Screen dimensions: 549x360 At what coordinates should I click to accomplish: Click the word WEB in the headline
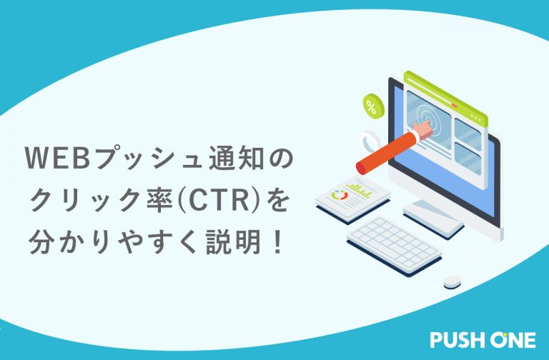point(59,158)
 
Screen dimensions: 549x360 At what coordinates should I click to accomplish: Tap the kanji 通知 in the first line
point(236,158)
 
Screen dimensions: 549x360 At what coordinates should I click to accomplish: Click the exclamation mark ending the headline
point(278,242)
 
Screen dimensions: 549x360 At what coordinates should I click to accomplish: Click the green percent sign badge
point(373,106)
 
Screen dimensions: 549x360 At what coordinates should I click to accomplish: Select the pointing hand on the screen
point(425,129)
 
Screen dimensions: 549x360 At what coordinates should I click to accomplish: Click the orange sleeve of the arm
point(385,152)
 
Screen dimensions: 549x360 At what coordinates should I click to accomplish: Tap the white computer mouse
point(452,281)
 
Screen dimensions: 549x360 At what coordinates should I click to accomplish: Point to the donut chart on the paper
point(340,195)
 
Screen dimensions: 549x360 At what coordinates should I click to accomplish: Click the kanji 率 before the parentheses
point(162,201)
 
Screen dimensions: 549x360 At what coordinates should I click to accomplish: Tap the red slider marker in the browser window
point(455,104)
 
